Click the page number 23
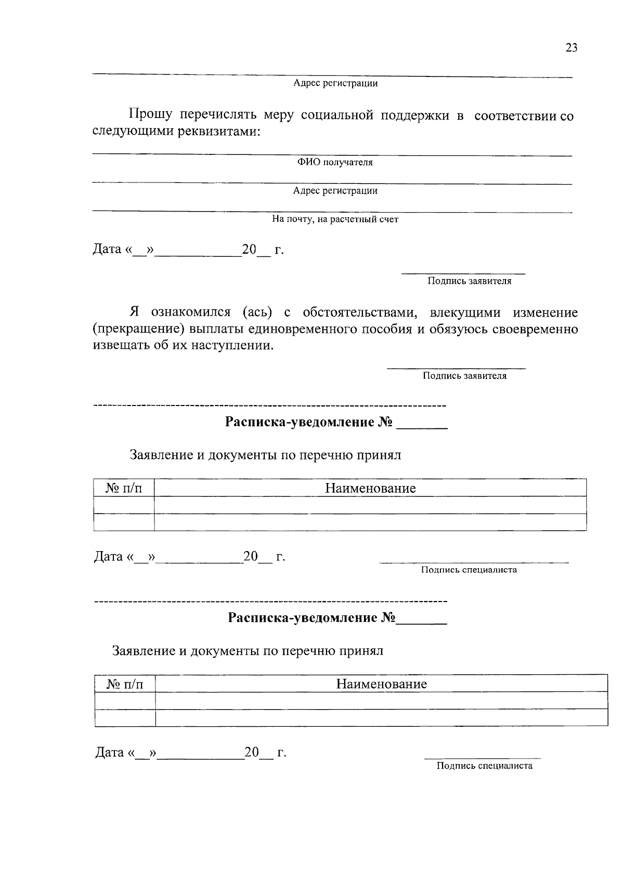click(x=571, y=48)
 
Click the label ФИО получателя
click(x=335, y=163)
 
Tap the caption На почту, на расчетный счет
click(x=335, y=219)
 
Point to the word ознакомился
click(x=190, y=312)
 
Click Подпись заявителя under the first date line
click(x=469, y=281)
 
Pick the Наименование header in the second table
click(x=381, y=684)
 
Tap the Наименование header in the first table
click(x=370, y=488)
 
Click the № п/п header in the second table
click(x=125, y=684)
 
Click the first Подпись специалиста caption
click(x=469, y=570)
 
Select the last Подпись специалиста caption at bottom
click(x=484, y=766)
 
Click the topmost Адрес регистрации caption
click(x=335, y=83)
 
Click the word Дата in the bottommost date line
click(x=109, y=753)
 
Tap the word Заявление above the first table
click(x=161, y=455)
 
